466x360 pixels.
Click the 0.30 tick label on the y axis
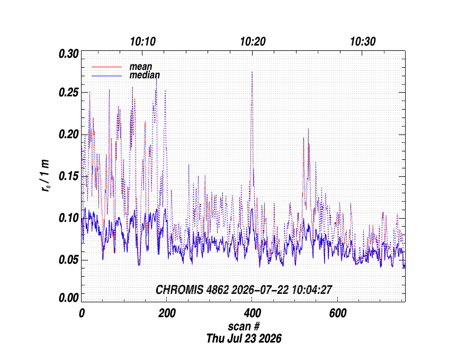(x=69, y=54)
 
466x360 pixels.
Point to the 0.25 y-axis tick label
(x=69, y=93)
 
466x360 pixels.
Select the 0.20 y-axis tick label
(x=69, y=134)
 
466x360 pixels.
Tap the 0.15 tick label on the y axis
(x=69, y=176)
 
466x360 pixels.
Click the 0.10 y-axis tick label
(x=69, y=218)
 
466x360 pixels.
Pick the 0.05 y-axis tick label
(x=69, y=260)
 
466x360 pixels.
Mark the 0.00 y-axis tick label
(x=69, y=298)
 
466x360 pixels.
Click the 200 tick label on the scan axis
(x=167, y=313)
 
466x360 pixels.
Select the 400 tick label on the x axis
(x=252, y=313)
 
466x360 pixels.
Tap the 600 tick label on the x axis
(x=338, y=313)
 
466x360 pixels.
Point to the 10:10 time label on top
(x=143, y=42)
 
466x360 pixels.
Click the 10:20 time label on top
(x=253, y=42)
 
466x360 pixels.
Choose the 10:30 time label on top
(x=363, y=42)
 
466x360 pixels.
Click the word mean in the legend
(x=141, y=67)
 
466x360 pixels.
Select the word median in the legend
(x=145, y=75)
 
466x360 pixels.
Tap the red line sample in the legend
(x=106, y=67)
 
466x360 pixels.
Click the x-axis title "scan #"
(x=244, y=327)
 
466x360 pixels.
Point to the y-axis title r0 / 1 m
(x=46, y=176)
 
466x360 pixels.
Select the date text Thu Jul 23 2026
(x=244, y=339)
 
